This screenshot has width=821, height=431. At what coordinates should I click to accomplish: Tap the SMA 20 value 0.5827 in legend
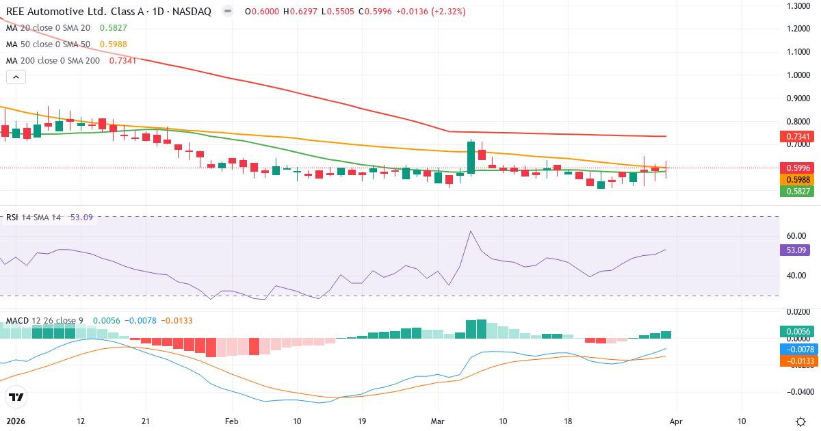(x=114, y=28)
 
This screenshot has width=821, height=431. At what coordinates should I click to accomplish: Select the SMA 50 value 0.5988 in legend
(x=114, y=44)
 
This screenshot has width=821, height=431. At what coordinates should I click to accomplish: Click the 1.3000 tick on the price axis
(x=799, y=6)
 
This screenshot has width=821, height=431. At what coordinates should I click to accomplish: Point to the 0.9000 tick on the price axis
(x=799, y=99)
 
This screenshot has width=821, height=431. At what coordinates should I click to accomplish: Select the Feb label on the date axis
(x=233, y=421)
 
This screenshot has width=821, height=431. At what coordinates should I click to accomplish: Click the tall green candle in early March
(x=471, y=157)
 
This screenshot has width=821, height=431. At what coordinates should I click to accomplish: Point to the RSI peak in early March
(x=471, y=231)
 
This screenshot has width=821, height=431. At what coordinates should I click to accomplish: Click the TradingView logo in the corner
(x=16, y=397)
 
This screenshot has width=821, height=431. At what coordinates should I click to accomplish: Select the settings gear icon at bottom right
(x=800, y=421)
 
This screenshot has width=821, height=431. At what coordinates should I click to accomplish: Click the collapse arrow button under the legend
(x=16, y=77)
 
